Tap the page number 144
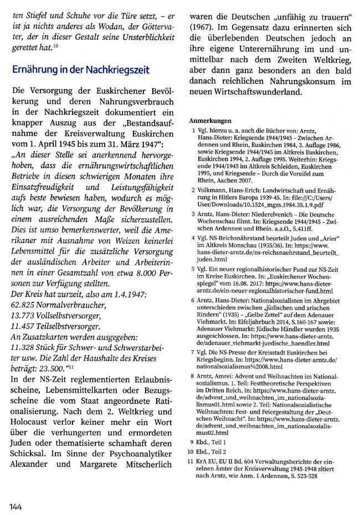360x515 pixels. tap(15, 506)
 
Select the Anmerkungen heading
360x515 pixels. tap(210, 120)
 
